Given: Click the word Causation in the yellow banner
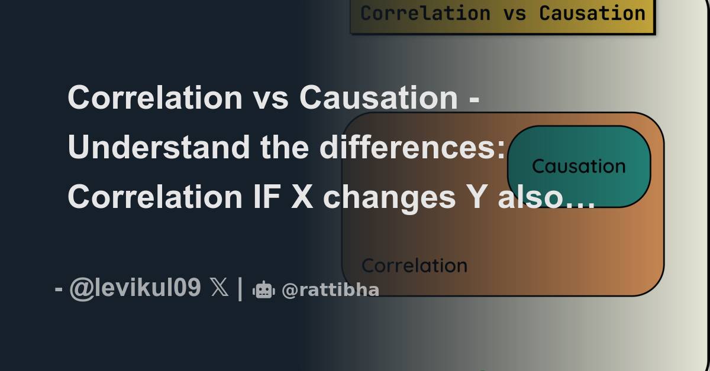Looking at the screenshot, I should click(592, 13).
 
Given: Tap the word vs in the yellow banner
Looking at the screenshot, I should click(514, 13).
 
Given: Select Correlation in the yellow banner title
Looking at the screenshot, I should click(425, 13).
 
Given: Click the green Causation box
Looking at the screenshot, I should click(579, 166).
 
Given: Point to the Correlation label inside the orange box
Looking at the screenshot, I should click(414, 266).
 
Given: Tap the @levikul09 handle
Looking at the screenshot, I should click(135, 289).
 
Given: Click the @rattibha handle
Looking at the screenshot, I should click(330, 290).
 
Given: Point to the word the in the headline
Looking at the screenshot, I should click(285, 147).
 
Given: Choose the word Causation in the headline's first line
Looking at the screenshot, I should click(378, 97).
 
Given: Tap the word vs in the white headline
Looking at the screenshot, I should click(270, 97).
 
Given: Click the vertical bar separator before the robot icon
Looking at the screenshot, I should click(240, 289).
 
